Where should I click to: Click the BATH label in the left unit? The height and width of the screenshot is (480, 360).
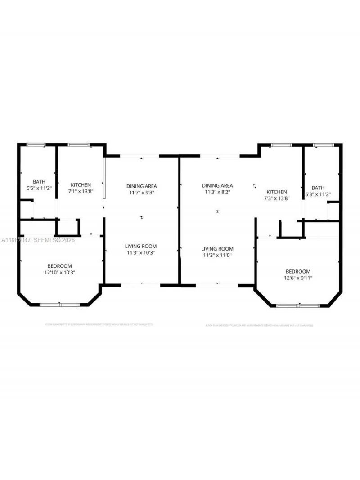[x=39, y=182]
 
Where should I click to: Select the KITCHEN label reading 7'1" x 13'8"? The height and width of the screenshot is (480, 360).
[x=81, y=185]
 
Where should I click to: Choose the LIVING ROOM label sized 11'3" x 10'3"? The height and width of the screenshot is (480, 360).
[x=141, y=246]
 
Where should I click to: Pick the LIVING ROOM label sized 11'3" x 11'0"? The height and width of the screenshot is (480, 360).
[x=217, y=249]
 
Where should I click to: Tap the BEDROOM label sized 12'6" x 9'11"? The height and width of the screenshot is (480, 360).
[x=298, y=271]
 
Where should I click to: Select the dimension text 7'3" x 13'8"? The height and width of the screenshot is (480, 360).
[x=276, y=198]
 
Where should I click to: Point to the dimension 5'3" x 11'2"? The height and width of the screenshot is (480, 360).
[x=318, y=194]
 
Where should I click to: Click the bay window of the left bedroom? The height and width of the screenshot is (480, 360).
[x=59, y=305]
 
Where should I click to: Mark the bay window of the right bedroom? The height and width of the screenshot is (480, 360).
[x=298, y=306]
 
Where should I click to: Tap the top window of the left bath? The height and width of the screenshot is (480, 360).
[x=36, y=144]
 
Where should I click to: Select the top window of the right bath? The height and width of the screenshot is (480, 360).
[x=323, y=145]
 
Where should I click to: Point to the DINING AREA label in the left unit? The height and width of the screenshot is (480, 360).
[x=142, y=186]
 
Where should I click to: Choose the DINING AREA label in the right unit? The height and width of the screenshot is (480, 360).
[x=217, y=185]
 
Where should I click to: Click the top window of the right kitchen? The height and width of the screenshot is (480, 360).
[x=281, y=145]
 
